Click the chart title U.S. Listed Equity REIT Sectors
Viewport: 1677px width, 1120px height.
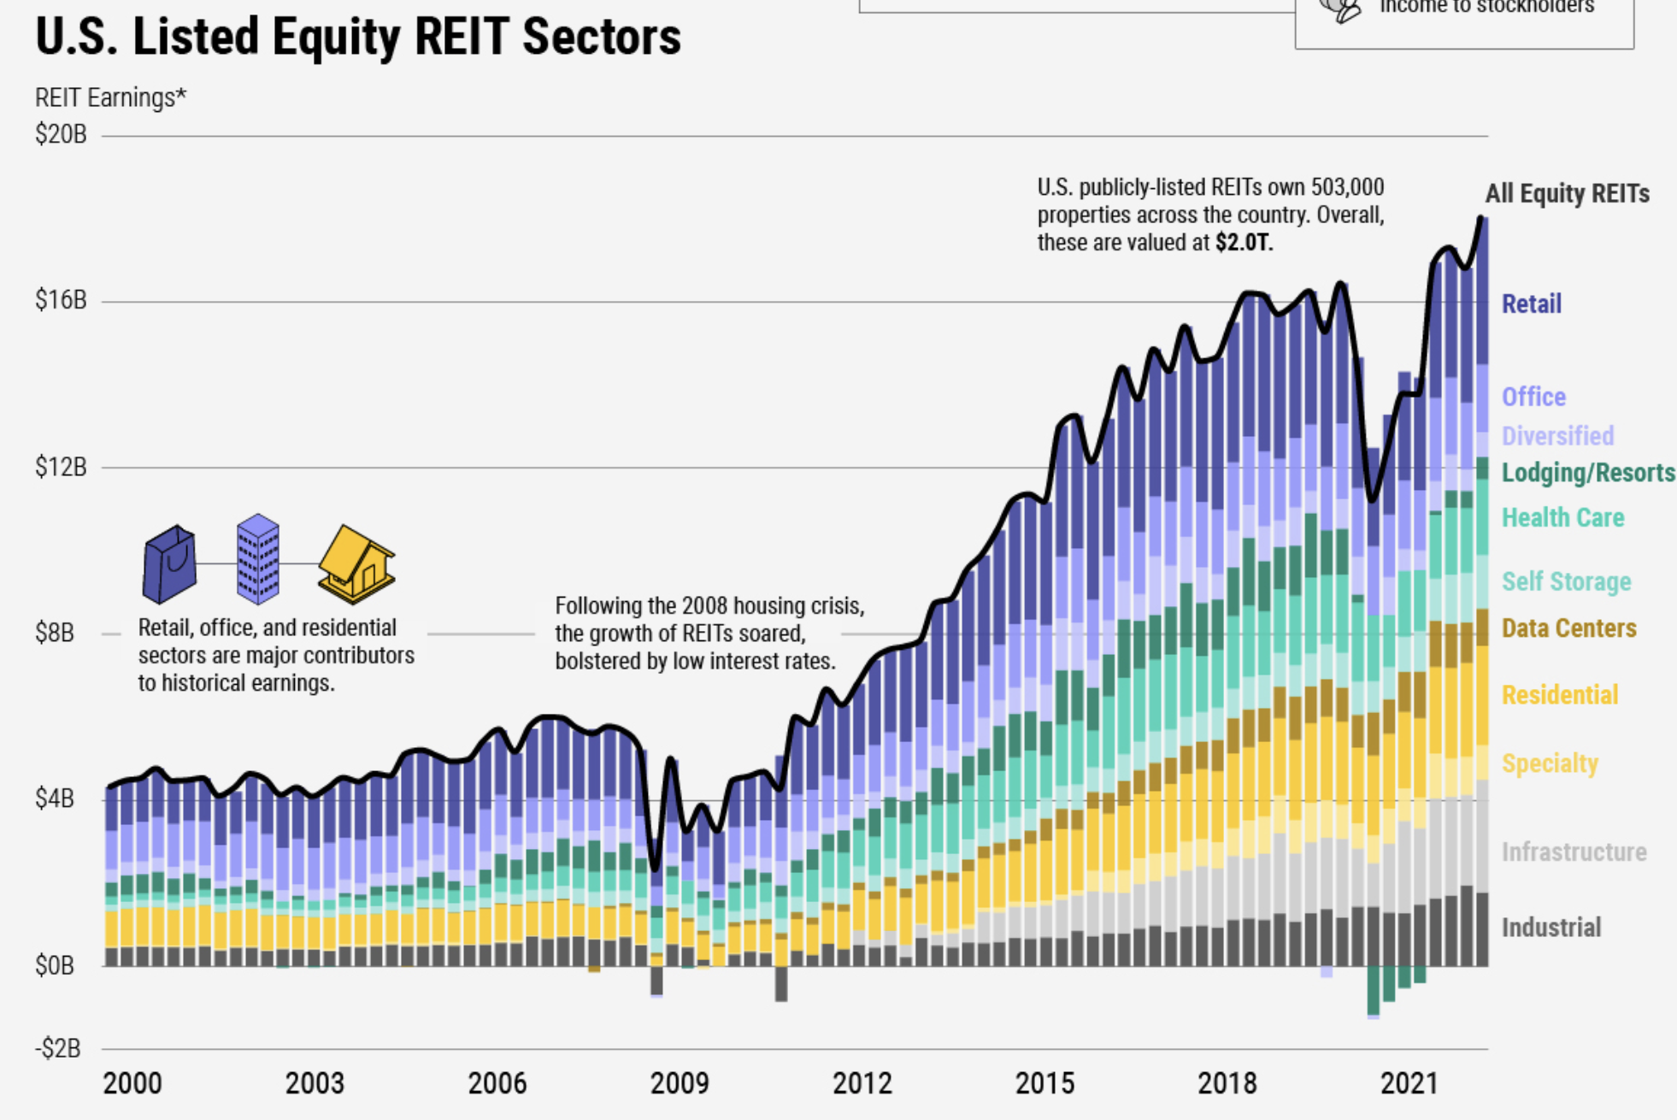(357, 38)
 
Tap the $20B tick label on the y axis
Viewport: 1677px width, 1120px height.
(61, 134)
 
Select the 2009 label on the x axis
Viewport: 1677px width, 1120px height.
(680, 1084)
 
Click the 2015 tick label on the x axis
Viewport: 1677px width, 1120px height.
(1044, 1084)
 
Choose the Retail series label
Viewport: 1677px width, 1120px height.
(1531, 304)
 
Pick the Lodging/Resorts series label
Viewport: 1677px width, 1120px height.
(1587, 473)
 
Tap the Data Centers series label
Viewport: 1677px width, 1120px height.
(1568, 628)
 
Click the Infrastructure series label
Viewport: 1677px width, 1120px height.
(1574, 852)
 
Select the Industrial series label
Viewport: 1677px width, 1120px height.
(1550, 928)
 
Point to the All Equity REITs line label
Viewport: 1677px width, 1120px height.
(1567, 194)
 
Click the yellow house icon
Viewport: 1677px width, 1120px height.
(356, 563)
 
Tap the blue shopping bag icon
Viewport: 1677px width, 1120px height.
(170, 564)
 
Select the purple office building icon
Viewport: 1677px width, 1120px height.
(257, 559)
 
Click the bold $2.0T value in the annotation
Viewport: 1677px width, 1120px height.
(1244, 243)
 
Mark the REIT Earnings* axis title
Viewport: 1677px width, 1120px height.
(110, 98)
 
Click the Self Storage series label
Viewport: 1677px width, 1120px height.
(1566, 582)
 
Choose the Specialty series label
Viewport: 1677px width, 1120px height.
(1550, 763)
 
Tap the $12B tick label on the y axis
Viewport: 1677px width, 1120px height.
(61, 467)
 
